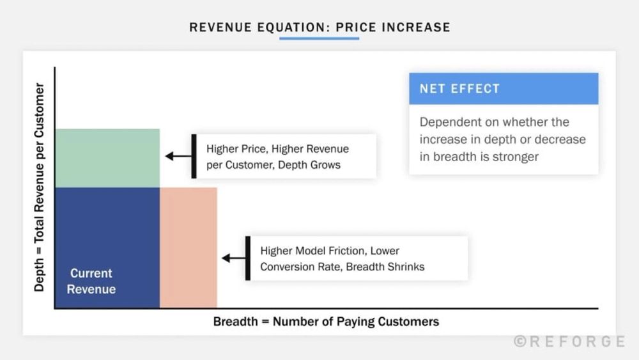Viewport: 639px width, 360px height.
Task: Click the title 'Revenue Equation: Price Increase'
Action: [319, 27]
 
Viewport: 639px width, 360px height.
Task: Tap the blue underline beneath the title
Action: [319, 38]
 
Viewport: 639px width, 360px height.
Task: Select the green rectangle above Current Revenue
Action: [107, 158]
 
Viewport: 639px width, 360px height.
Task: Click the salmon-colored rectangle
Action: [189, 247]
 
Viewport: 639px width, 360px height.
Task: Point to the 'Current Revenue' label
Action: [91, 281]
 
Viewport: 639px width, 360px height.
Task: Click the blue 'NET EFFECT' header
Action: [504, 89]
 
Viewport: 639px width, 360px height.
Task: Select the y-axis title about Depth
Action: [40, 187]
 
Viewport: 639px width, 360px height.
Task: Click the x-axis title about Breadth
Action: [326, 322]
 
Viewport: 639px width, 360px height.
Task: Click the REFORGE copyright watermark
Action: [569, 341]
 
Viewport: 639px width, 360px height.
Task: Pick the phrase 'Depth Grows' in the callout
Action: [311, 165]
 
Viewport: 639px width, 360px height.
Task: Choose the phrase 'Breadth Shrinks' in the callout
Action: [385, 267]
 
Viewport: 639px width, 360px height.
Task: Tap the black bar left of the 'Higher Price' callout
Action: [194, 156]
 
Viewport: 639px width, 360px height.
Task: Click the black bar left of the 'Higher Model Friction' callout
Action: [248, 258]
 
